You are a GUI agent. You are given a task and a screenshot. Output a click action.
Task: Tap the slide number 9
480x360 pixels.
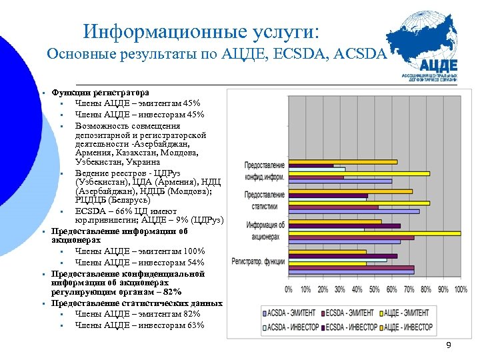(x=449, y=345)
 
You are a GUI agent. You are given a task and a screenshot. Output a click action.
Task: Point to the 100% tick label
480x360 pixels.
(x=461, y=289)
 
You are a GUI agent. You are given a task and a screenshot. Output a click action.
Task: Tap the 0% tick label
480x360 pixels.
(x=289, y=289)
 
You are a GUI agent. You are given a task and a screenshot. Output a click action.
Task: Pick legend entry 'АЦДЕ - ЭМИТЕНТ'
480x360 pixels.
(x=407, y=312)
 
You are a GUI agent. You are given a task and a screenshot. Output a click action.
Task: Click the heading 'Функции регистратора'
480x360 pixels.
(x=101, y=93)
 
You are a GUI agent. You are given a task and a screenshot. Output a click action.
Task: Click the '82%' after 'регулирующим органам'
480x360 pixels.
(x=171, y=292)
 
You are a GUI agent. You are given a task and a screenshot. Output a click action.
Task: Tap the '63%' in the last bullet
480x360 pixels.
(x=195, y=325)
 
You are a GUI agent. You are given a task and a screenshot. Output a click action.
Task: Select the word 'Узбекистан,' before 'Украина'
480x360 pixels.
(x=101, y=162)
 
